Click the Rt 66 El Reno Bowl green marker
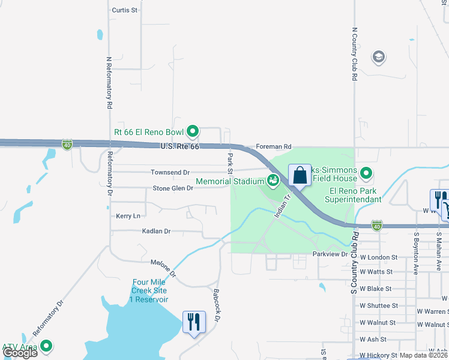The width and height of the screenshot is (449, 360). [x=193, y=130]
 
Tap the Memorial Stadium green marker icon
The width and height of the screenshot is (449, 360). [x=273, y=180]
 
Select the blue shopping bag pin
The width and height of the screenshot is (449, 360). [x=300, y=176]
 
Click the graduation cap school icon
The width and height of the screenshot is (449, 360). [x=378, y=57]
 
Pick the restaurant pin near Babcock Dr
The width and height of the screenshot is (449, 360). [x=193, y=323]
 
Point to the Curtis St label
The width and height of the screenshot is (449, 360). [x=125, y=11]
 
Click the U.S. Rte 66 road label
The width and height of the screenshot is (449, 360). [x=179, y=146]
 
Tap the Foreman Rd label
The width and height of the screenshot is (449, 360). [x=273, y=146]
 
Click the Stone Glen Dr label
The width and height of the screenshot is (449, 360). [x=172, y=188]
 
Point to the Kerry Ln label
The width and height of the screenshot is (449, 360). [x=128, y=215]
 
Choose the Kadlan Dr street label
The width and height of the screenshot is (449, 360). [x=156, y=231]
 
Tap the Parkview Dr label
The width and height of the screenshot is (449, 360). [x=330, y=254]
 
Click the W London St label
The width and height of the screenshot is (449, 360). [x=378, y=257]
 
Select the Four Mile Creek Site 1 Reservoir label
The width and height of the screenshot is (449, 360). [x=150, y=290]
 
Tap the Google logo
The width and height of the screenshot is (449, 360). [x=20, y=353]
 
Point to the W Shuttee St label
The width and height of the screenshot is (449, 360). [x=378, y=305]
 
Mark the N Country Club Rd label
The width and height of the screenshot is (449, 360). [x=355, y=54]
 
